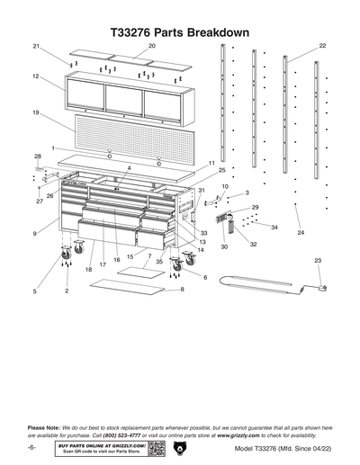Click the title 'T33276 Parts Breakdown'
179,31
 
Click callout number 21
37,46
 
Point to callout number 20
151,45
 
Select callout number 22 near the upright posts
322,45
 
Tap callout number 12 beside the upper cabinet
35,77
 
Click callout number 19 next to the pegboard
35,112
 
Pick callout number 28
38,156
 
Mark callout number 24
301,233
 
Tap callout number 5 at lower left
35,291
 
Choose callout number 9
35,233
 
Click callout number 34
274,228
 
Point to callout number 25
220,169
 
